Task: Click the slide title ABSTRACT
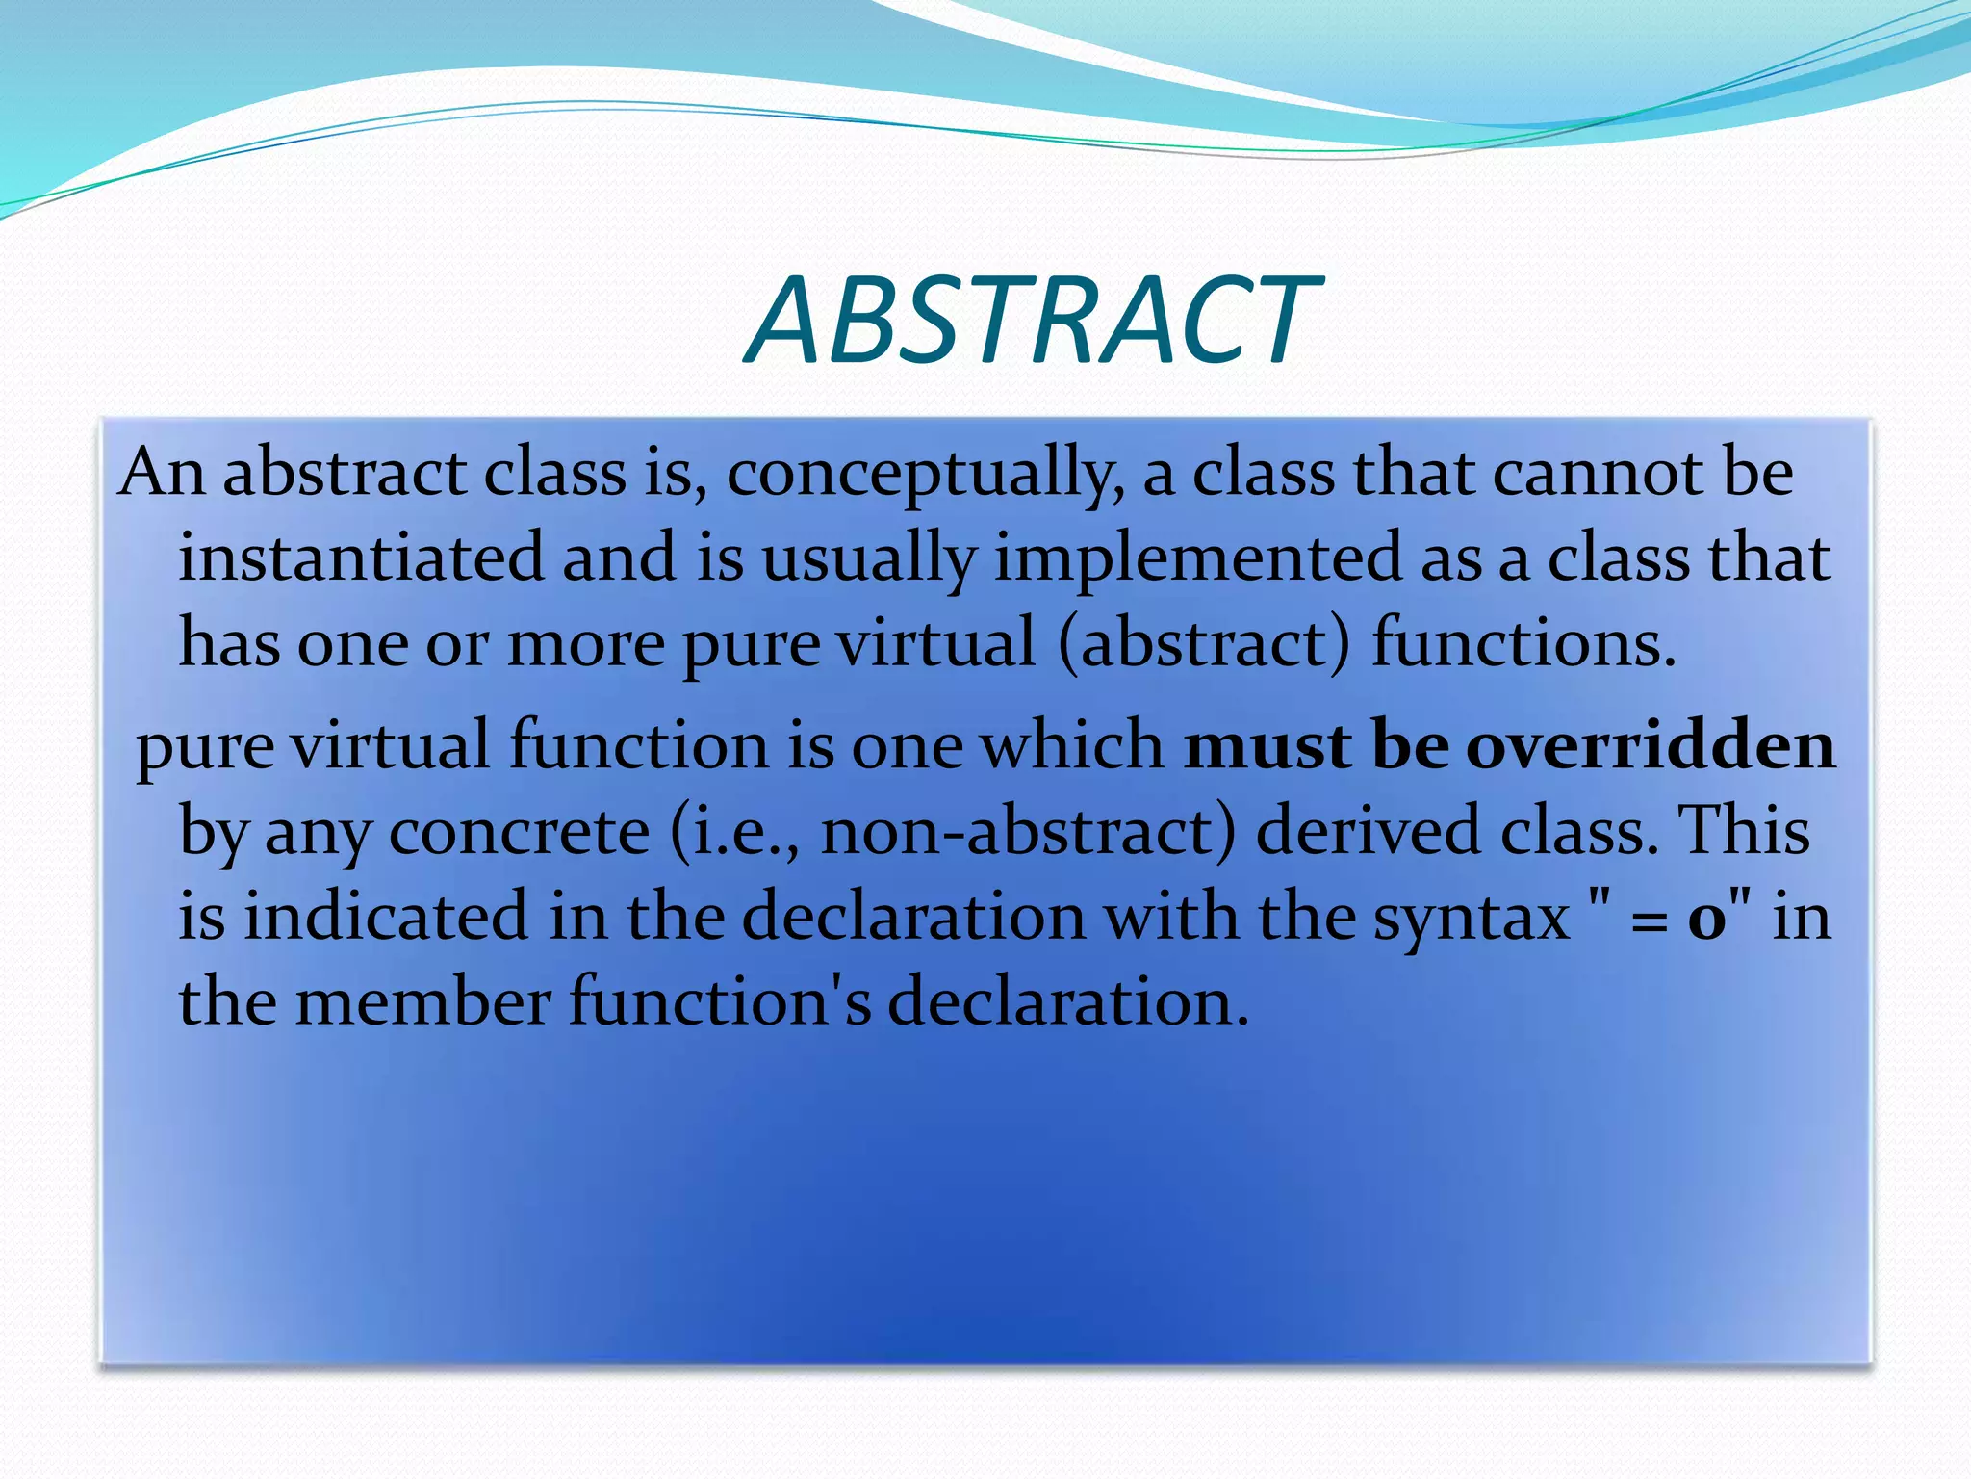coord(1033,320)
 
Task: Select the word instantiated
coord(361,558)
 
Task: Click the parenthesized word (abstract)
coord(1203,643)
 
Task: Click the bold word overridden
coord(1650,746)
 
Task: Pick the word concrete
coord(519,832)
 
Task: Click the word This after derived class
coord(1743,830)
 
